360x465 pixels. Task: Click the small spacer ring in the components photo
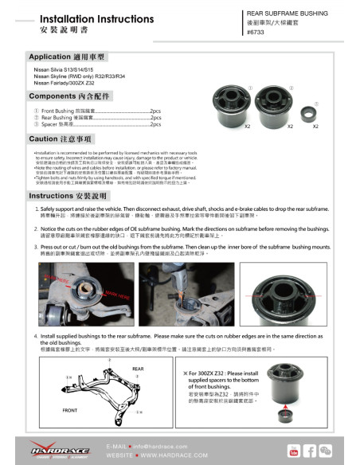pos(316,115)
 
